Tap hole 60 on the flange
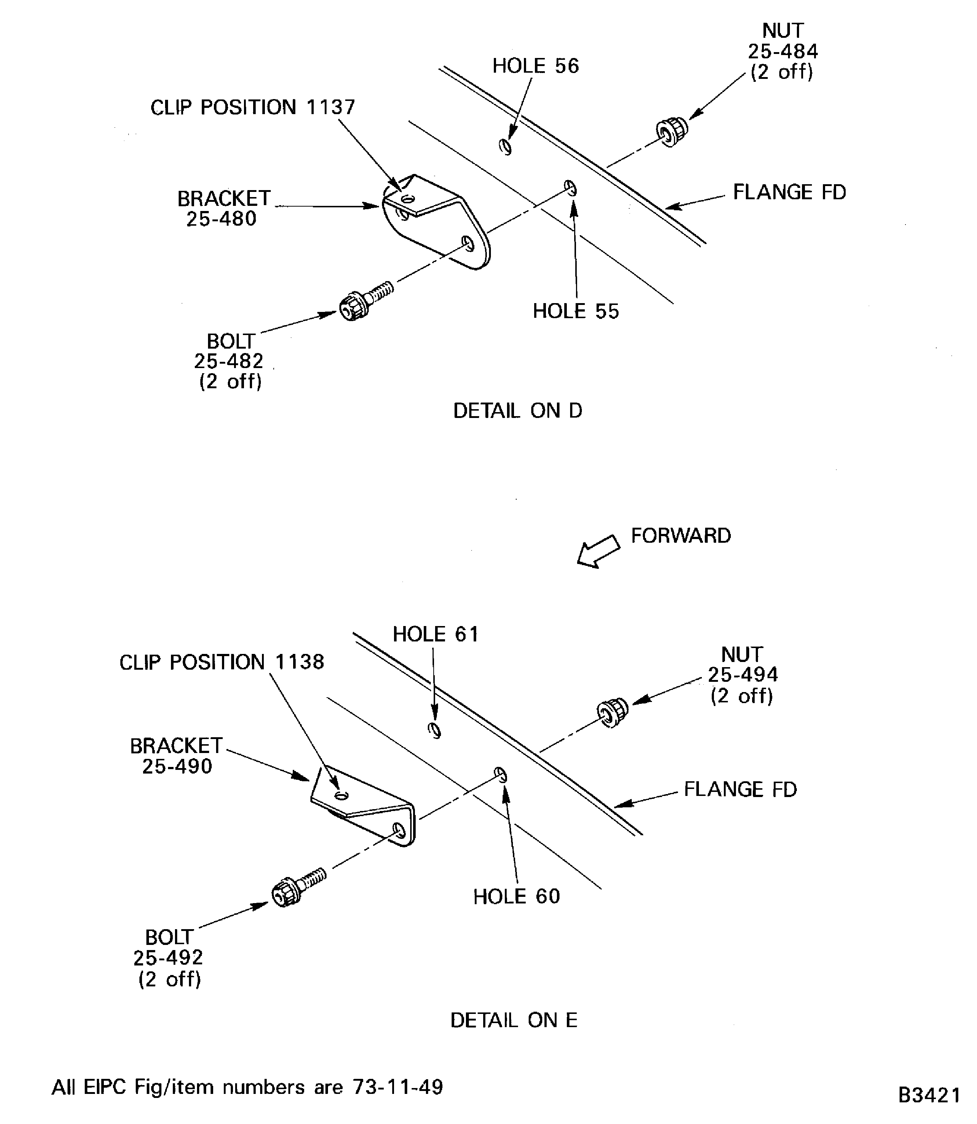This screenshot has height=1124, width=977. [x=500, y=774]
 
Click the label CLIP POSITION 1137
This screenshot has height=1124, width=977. [x=252, y=108]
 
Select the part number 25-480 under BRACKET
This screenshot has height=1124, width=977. [x=221, y=219]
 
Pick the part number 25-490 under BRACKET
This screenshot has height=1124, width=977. [x=177, y=766]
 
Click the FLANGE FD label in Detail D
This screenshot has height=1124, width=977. [x=789, y=193]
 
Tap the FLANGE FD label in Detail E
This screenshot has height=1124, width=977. [x=740, y=789]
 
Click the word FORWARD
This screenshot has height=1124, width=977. [x=681, y=535]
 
